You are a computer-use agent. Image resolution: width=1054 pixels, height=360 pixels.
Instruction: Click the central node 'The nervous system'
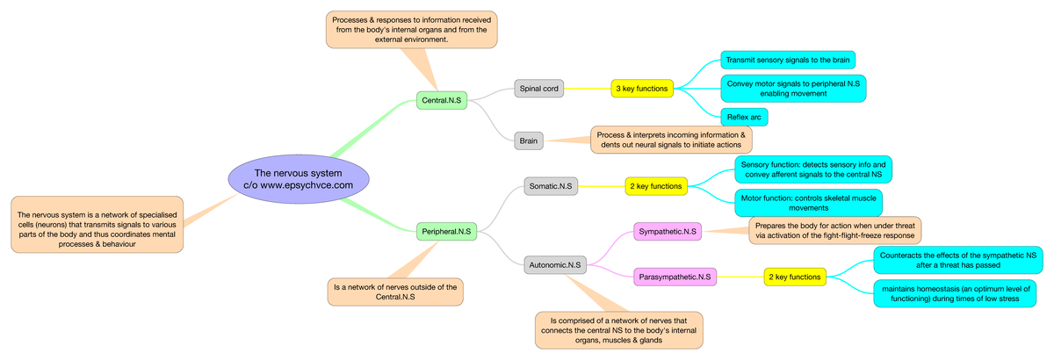(298, 179)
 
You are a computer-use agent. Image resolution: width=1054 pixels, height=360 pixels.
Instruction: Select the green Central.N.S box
(442, 101)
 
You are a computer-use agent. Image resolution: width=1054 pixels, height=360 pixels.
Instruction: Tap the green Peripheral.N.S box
(446, 232)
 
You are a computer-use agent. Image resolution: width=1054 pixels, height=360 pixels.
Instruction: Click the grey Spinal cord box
(538, 88)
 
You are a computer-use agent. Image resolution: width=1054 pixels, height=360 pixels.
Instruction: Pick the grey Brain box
(529, 140)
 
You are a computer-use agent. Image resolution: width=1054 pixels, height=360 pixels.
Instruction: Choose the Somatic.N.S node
(551, 185)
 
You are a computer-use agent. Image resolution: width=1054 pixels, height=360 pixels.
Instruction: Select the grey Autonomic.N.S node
(555, 264)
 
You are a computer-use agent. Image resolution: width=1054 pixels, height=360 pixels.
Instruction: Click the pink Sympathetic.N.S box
(668, 232)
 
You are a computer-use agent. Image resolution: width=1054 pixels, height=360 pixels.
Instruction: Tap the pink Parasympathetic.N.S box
(675, 277)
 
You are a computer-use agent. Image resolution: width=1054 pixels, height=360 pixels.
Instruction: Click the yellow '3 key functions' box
(642, 88)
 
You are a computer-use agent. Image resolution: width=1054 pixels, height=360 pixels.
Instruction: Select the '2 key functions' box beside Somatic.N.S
(656, 185)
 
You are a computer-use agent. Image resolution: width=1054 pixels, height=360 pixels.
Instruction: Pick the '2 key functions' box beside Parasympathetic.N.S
(795, 277)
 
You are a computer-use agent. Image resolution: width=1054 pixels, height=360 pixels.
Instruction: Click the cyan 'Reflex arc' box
(743, 117)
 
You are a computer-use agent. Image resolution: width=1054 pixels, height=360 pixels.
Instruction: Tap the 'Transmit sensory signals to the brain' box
(787, 60)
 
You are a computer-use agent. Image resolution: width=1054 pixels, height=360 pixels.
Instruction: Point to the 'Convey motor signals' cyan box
(792, 88)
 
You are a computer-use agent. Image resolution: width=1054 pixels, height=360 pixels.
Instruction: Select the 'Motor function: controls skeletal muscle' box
(808, 203)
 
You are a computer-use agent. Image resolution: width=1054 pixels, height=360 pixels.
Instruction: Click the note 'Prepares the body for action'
(834, 230)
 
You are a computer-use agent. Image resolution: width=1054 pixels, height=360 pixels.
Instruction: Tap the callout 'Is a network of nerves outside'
(395, 292)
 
